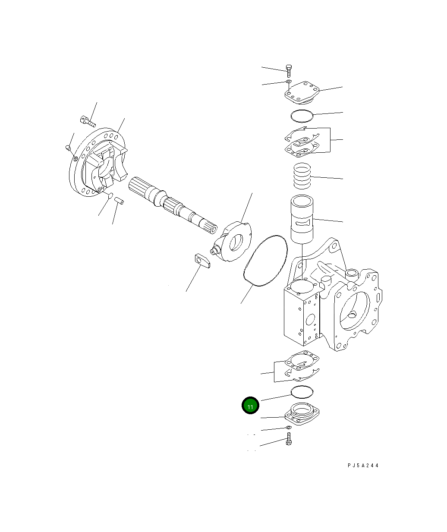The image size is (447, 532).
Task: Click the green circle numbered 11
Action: pyautogui.click(x=250, y=405)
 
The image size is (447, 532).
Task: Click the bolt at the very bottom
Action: pyautogui.click(x=289, y=441)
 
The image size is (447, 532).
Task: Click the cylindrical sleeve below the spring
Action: pyautogui.click(x=302, y=219)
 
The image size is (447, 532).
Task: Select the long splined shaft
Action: pyautogui.click(x=173, y=205)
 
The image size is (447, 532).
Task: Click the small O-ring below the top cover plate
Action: pyautogui.click(x=301, y=115)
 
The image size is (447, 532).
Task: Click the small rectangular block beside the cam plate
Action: pyautogui.click(x=201, y=261)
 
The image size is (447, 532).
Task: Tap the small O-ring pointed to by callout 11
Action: pyautogui.click(x=302, y=392)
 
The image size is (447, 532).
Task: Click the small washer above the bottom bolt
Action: pyautogui.click(x=289, y=428)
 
